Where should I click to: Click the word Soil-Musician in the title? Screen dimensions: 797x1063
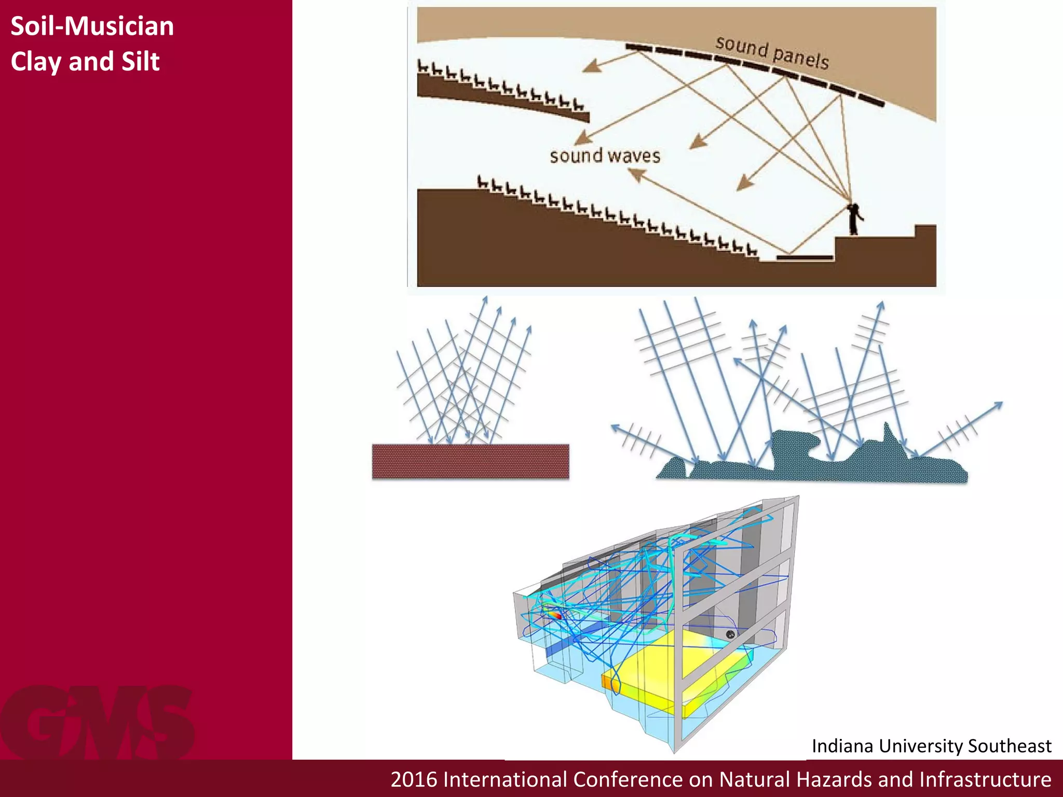coord(92,26)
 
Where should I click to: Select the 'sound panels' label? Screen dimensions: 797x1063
coord(772,52)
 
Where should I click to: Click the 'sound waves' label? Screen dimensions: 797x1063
coord(605,156)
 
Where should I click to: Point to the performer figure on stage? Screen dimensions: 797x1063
coord(853,218)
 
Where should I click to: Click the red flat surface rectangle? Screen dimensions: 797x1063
coord(470,461)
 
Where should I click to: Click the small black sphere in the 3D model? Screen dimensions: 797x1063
coord(730,634)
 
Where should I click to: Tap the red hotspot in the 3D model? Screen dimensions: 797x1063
coord(556,615)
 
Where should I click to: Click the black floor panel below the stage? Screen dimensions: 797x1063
coord(804,257)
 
